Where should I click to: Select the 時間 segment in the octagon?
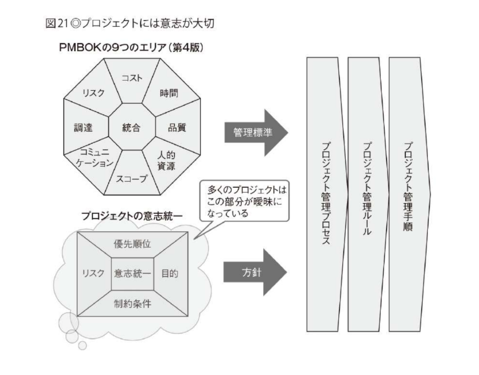point(168,92)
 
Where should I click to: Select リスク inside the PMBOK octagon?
point(93,93)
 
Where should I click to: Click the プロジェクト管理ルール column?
point(367,193)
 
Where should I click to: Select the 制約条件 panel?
point(132,303)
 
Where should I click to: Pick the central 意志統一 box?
point(132,273)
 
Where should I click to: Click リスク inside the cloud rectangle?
point(93,273)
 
